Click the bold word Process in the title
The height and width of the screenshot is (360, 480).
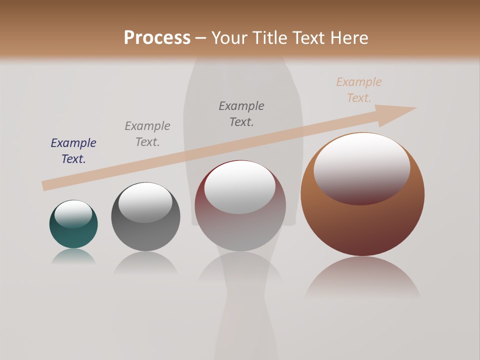157,38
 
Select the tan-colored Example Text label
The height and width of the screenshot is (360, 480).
358,90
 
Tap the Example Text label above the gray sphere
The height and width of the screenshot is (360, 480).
147,134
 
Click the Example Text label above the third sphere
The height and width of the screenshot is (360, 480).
241,114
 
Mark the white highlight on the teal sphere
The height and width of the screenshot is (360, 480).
73,214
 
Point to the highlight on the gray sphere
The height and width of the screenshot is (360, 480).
145,202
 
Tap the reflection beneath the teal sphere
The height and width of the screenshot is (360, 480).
73,256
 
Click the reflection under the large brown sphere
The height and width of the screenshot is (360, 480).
362,277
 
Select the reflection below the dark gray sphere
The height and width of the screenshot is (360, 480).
145,263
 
